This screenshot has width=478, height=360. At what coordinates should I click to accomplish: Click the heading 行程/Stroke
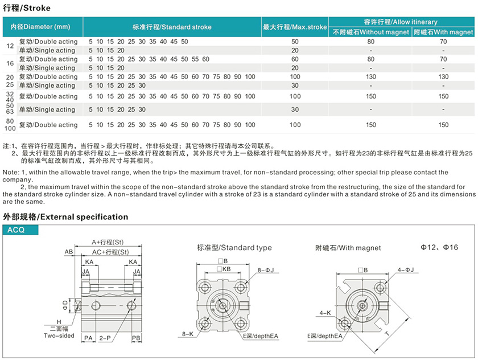pos(26,8)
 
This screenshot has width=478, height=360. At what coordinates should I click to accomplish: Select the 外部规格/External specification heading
pos(65,217)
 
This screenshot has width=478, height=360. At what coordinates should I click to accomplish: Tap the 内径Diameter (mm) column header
pos(40,27)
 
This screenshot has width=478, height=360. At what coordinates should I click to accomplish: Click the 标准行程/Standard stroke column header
pos(171,27)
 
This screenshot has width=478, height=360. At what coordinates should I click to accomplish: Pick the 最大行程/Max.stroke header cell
pos(295,27)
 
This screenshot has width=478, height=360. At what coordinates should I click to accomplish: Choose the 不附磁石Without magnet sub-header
pos(370,32)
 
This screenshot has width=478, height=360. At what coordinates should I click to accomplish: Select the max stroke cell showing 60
pos(295,59)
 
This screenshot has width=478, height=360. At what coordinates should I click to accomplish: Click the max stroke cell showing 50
pos(295,42)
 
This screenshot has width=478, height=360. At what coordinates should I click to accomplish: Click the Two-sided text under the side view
pos(59,336)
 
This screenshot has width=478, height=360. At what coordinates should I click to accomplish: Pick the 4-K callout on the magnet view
pos(325,313)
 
